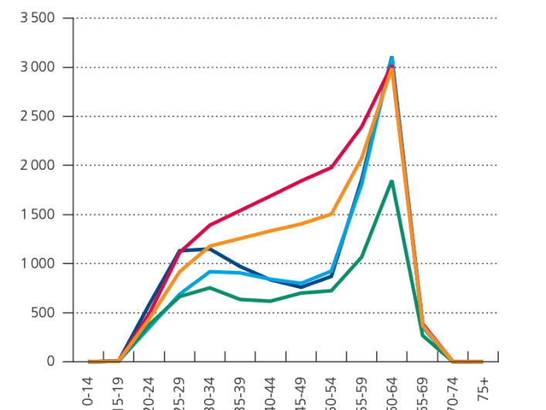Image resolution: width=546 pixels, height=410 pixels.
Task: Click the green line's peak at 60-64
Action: tap(392, 181)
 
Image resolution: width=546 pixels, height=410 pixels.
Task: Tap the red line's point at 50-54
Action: tap(331, 167)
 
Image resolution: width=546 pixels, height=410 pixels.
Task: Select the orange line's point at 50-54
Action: tap(331, 214)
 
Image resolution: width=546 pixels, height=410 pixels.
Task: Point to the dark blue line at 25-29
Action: tap(179, 251)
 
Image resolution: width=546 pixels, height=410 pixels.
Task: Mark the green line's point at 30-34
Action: tap(210, 288)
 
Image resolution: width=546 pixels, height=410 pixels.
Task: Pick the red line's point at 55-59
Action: tap(361, 127)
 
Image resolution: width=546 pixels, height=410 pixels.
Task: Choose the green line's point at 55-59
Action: tap(361, 257)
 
